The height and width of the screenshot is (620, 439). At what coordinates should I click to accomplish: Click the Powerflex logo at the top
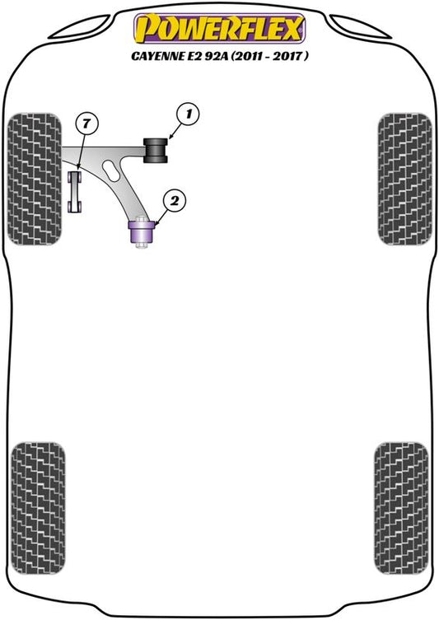point(219,28)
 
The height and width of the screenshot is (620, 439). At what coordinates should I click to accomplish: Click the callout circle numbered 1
point(189,114)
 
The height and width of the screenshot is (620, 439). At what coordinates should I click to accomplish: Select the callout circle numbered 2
point(174,201)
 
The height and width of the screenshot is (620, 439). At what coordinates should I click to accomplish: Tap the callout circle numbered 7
point(86,124)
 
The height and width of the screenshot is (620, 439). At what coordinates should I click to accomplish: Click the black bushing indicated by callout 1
point(156,150)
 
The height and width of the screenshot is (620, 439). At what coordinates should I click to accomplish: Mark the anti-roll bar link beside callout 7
point(75,192)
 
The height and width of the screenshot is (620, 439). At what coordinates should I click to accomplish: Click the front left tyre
point(35,179)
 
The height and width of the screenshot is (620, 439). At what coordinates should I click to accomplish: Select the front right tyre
point(404,179)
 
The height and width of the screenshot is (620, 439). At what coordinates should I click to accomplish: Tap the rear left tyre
point(38,508)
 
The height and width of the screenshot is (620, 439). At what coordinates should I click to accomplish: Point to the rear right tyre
point(401,508)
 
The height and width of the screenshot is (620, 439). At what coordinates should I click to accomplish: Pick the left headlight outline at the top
point(81,28)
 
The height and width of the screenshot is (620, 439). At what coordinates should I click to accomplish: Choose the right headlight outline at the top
point(360,27)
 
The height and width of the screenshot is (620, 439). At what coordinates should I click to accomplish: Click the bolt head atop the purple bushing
point(141,219)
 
